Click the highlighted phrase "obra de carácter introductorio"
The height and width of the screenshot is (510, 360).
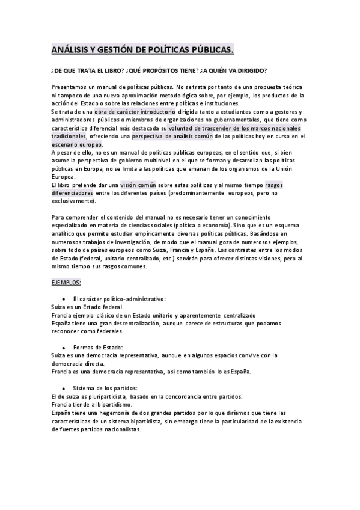point(135,112)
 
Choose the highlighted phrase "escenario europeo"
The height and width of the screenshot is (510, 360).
point(76,145)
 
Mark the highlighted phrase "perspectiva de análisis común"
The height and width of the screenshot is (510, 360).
point(171,137)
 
